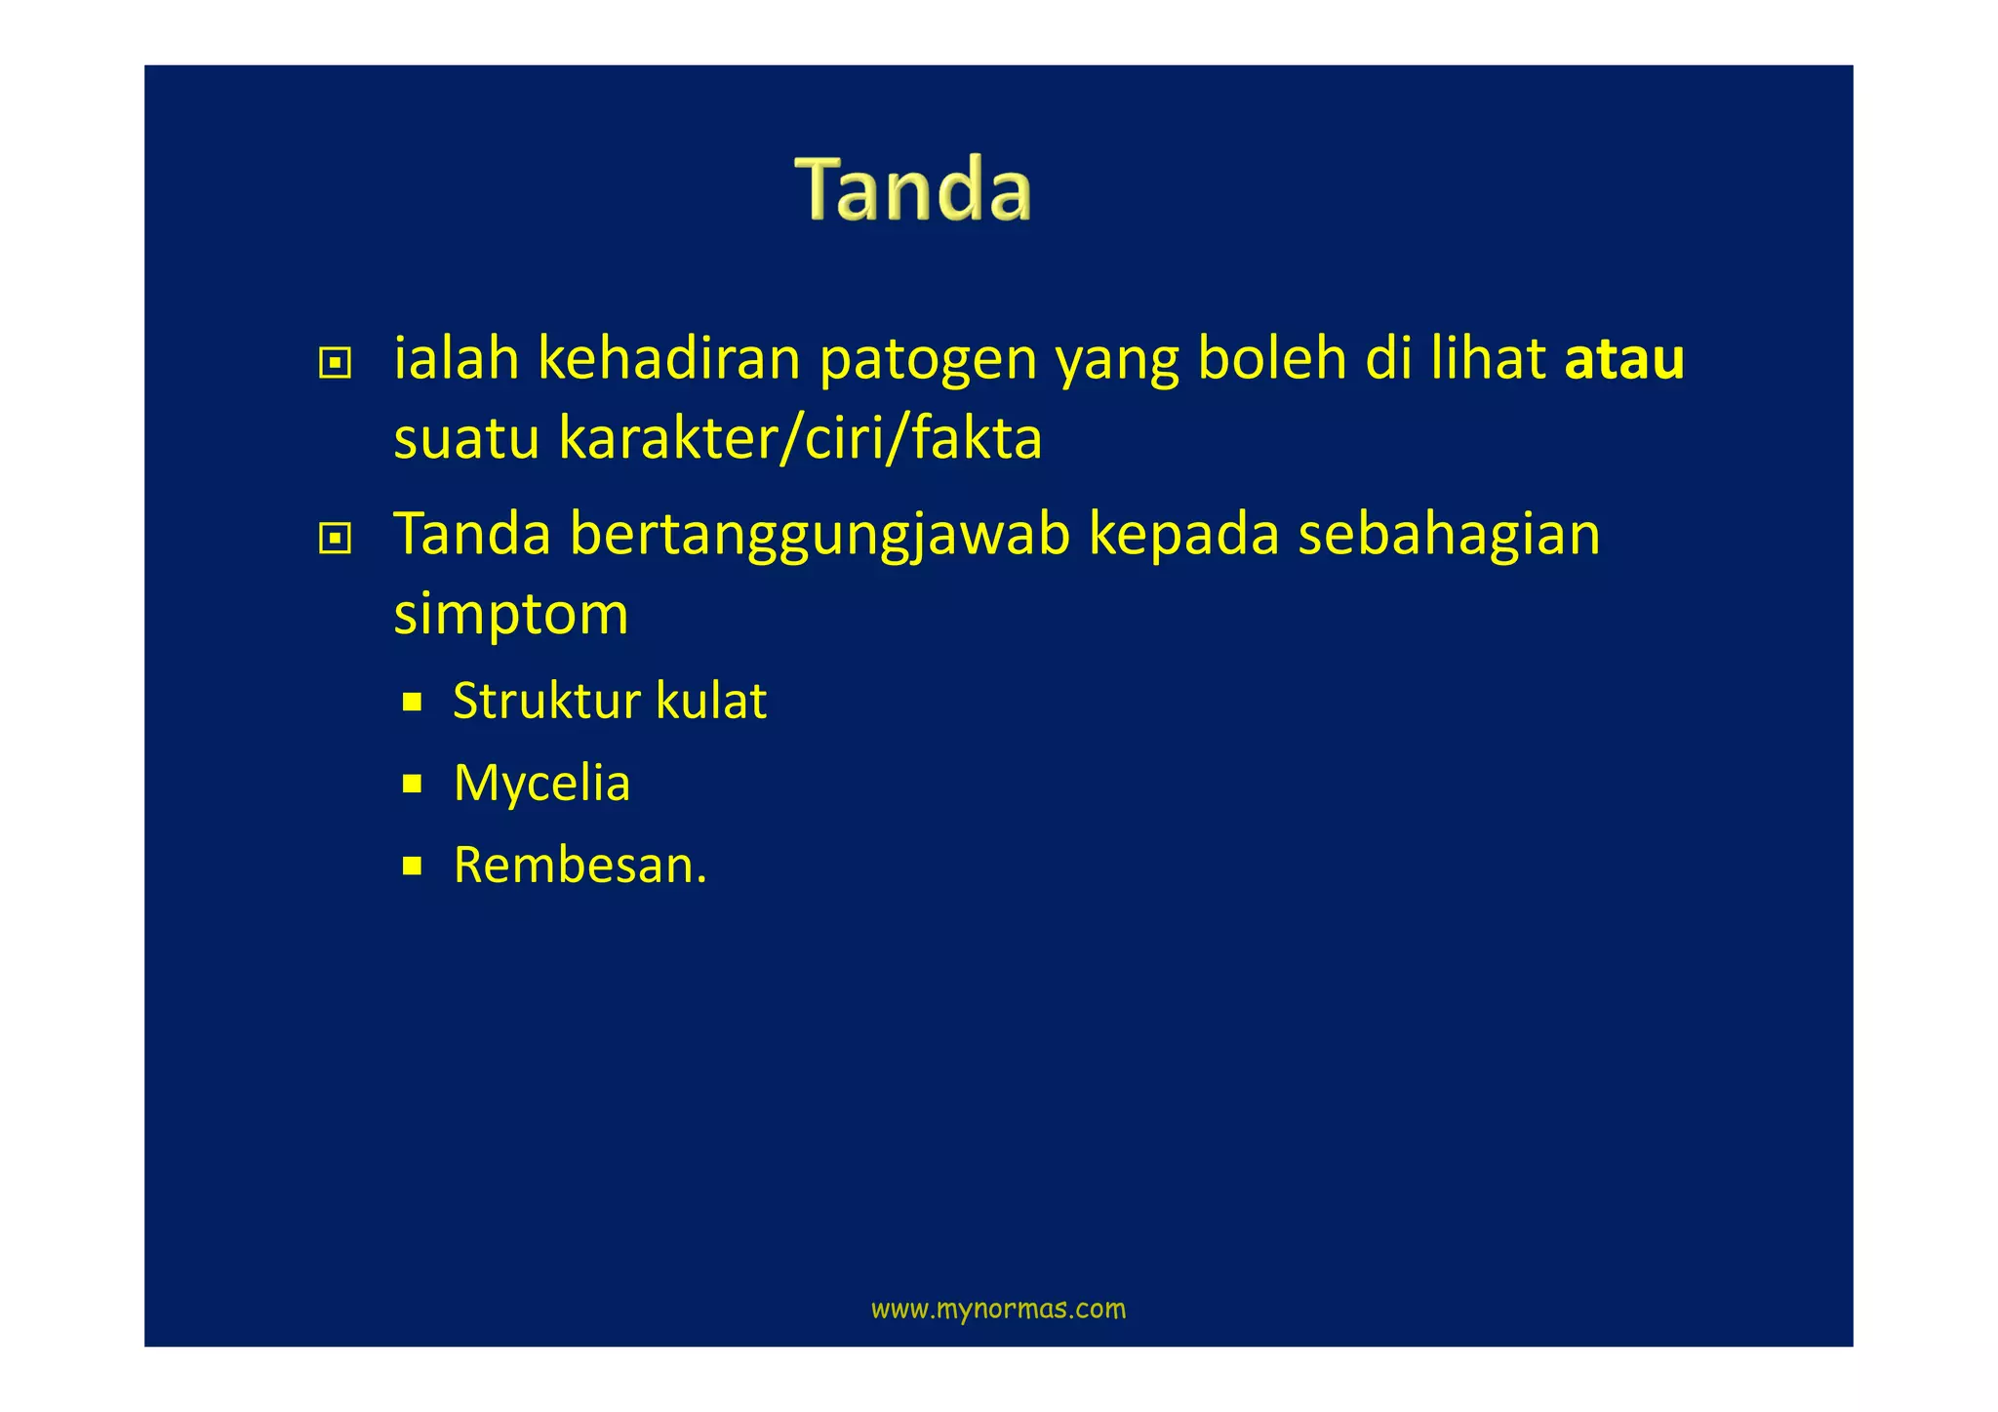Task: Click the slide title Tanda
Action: tap(913, 189)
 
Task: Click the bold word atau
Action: tap(1623, 359)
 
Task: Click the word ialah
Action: tap(456, 359)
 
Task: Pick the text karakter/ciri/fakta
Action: tap(800, 439)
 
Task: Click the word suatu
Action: tap(466, 439)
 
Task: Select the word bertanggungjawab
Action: tap(819, 536)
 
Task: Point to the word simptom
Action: tap(511, 615)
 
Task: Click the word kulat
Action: tap(711, 701)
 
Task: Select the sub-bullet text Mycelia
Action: tap(542, 783)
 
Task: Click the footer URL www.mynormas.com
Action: tap(998, 1309)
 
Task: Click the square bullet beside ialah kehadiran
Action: tap(335, 364)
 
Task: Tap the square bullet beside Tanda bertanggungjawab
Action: tap(335, 539)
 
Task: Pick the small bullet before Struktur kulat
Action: tap(412, 702)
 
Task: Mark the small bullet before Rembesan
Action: tap(412, 866)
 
